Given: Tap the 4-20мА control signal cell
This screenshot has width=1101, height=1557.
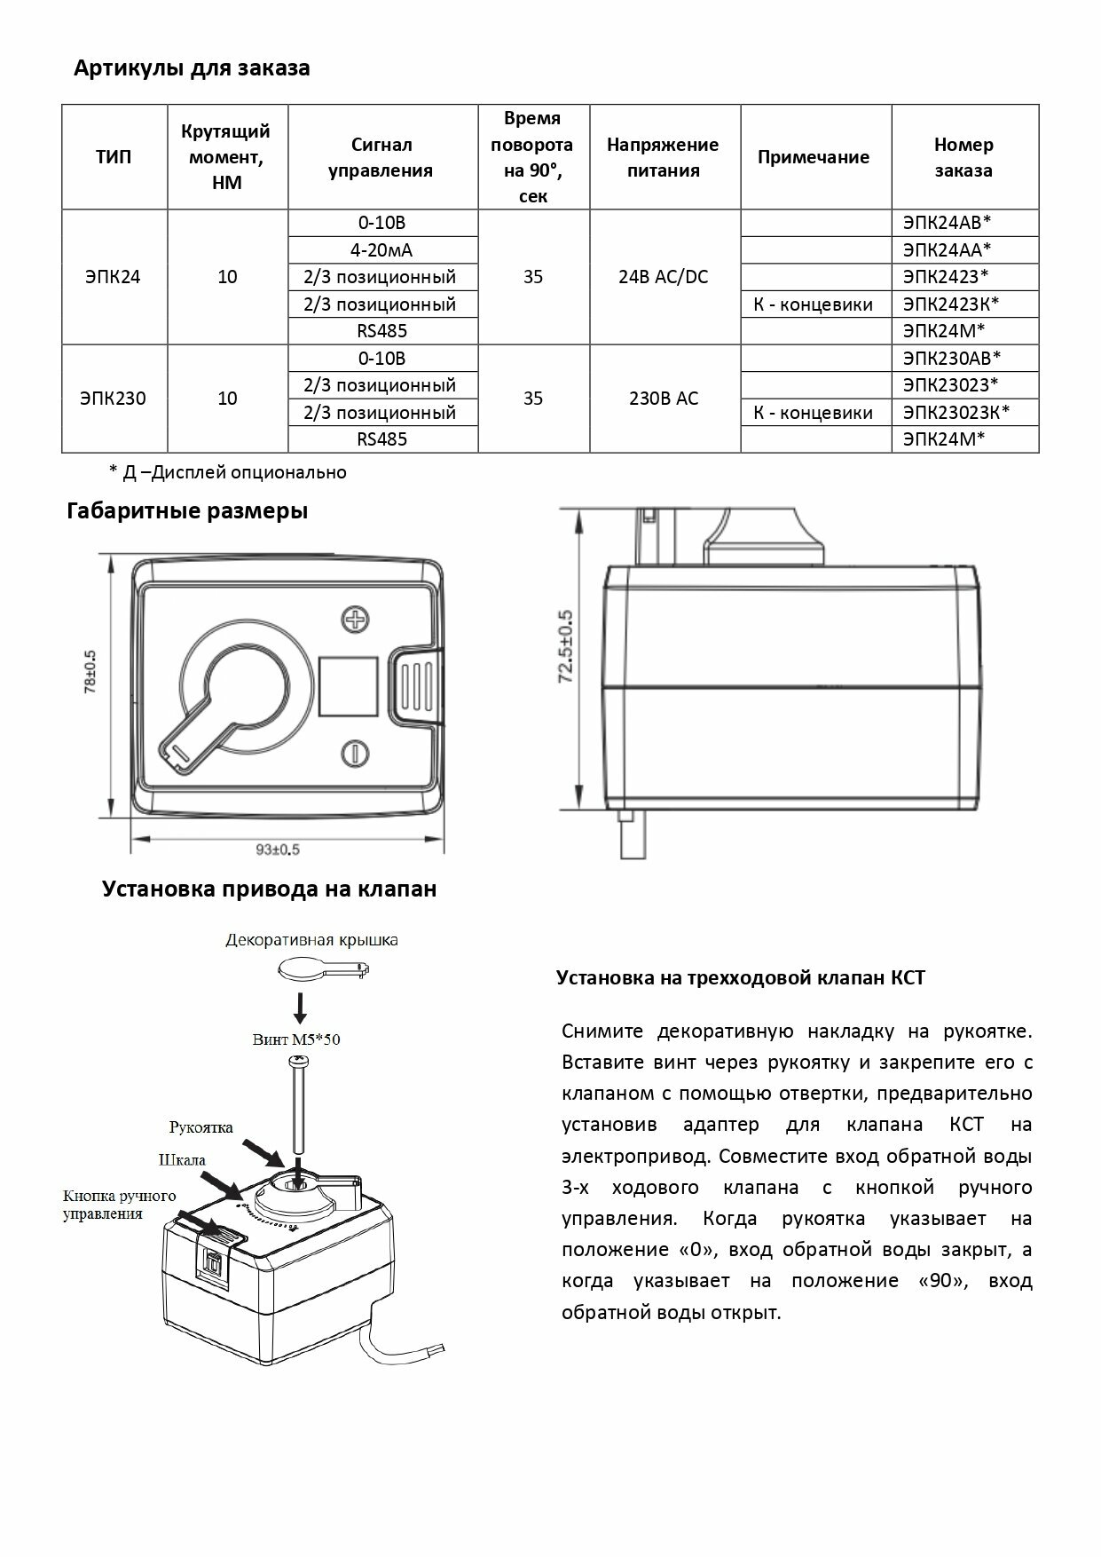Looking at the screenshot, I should pyautogui.click(x=383, y=250).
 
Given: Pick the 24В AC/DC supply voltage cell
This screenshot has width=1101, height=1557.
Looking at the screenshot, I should pyautogui.click(x=664, y=277).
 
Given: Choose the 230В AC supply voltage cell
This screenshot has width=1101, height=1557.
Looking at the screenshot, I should pyautogui.click(x=664, y=399).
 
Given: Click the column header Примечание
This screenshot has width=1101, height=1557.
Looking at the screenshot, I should pyautogui.click(x=814, y=157).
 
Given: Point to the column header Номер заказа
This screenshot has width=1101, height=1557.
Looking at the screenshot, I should pyautogui.click(x=963, y=157).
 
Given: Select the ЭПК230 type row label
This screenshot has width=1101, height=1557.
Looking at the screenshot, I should pyautogui.click(x=114, y=399).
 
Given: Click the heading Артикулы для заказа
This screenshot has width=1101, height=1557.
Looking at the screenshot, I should pyautogui.click(x=192, y=68).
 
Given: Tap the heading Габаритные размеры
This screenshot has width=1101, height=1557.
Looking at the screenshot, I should pyautogui.click(x=187, y=511).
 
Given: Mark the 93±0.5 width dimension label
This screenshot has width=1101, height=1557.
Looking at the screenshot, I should pyautogui.click(x=278, y=850).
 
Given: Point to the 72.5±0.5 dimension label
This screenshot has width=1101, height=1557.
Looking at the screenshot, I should pyautogui.click(x=566, y=646).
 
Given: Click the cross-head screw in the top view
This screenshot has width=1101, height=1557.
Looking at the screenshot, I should pyautogui.click(x=356, y=620).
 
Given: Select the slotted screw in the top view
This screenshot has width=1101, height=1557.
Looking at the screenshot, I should pyautogui.click(x=354, y=754).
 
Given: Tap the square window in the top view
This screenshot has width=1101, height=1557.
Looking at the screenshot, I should pyautogui.click(x=348, y=686).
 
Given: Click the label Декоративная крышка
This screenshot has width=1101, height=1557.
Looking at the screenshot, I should pyautogui.click(x=311, y=940).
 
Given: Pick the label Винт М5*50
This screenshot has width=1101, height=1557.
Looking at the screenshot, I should pyautogui.click(x=296, y=1039).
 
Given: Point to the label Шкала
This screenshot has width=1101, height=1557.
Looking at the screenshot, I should pyautogui.click(x=182, y=1160).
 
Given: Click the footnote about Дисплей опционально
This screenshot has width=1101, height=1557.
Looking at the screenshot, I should pyautogui.click(x=227, y=472).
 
